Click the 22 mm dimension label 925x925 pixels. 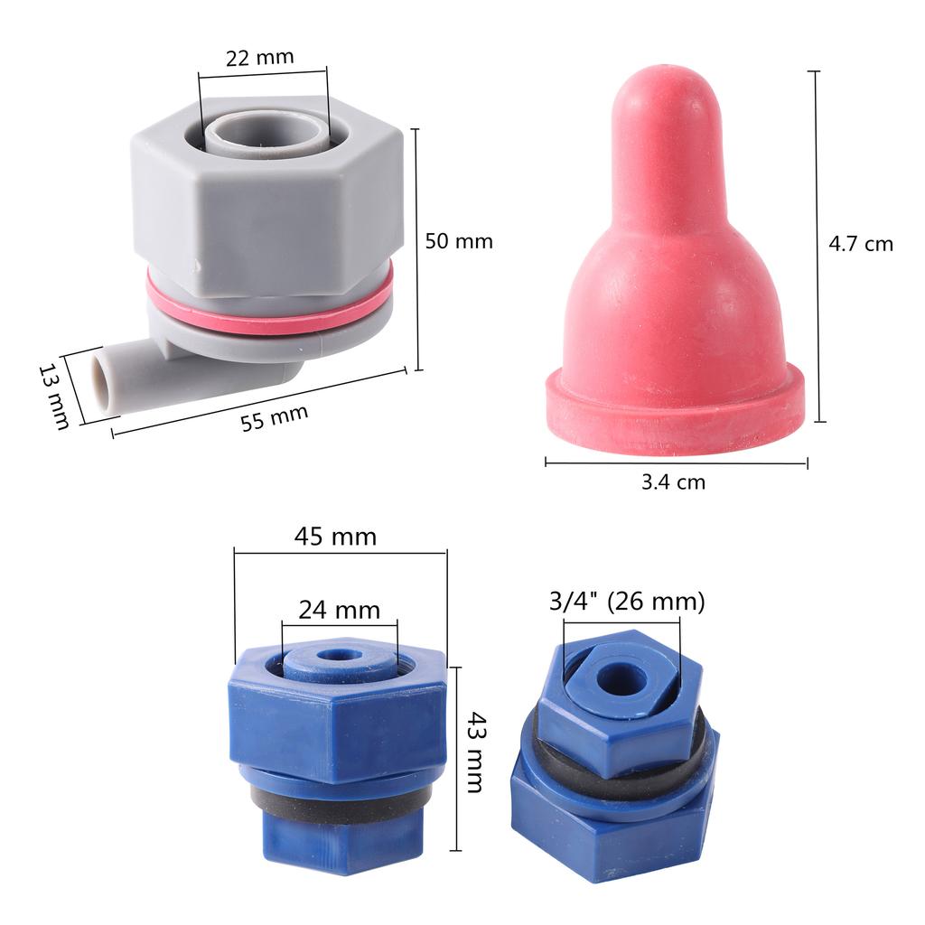259,57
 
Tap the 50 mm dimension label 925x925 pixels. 459,241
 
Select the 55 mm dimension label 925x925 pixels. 275,417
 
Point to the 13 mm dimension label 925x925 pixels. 53,396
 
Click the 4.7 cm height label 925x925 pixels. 861,244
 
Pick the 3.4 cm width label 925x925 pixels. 673,482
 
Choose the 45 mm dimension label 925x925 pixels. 335,537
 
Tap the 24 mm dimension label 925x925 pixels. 340,610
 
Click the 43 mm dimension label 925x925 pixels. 476,752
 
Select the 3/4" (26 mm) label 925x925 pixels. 627,602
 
